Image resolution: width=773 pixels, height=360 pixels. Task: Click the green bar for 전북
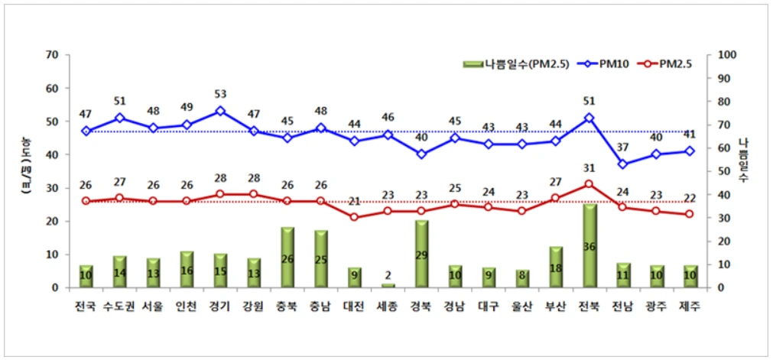point(589,245)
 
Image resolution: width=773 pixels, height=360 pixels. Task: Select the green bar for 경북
point(421,254)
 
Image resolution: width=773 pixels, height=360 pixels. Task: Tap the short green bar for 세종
point(388,285)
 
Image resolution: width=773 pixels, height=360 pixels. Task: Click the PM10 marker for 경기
point(220,111)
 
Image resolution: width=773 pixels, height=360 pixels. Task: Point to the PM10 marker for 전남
point(622,164)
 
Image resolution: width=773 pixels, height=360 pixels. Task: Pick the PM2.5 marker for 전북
point(589,184)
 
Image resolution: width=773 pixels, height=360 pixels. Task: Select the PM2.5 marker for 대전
point(354,217)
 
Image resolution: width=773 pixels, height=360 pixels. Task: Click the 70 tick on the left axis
point(53,55)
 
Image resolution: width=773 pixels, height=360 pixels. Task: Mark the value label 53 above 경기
point(220,94)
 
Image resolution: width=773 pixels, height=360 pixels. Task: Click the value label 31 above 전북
point(589,167)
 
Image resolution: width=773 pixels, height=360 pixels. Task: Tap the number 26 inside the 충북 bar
point(287,259)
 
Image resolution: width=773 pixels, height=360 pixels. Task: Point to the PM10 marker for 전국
point(86,131)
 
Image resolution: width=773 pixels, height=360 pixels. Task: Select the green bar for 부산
point(556,267)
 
